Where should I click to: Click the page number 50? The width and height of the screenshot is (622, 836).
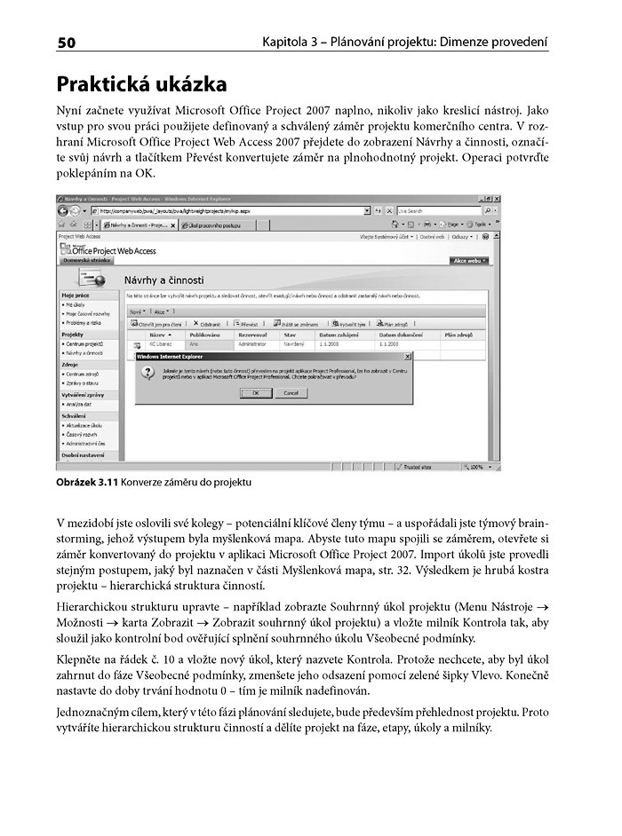(x=68, y=43)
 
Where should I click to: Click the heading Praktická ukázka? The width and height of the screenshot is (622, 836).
(x=141, y=84)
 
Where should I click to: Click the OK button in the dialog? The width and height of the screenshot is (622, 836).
(x=255, y=392)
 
